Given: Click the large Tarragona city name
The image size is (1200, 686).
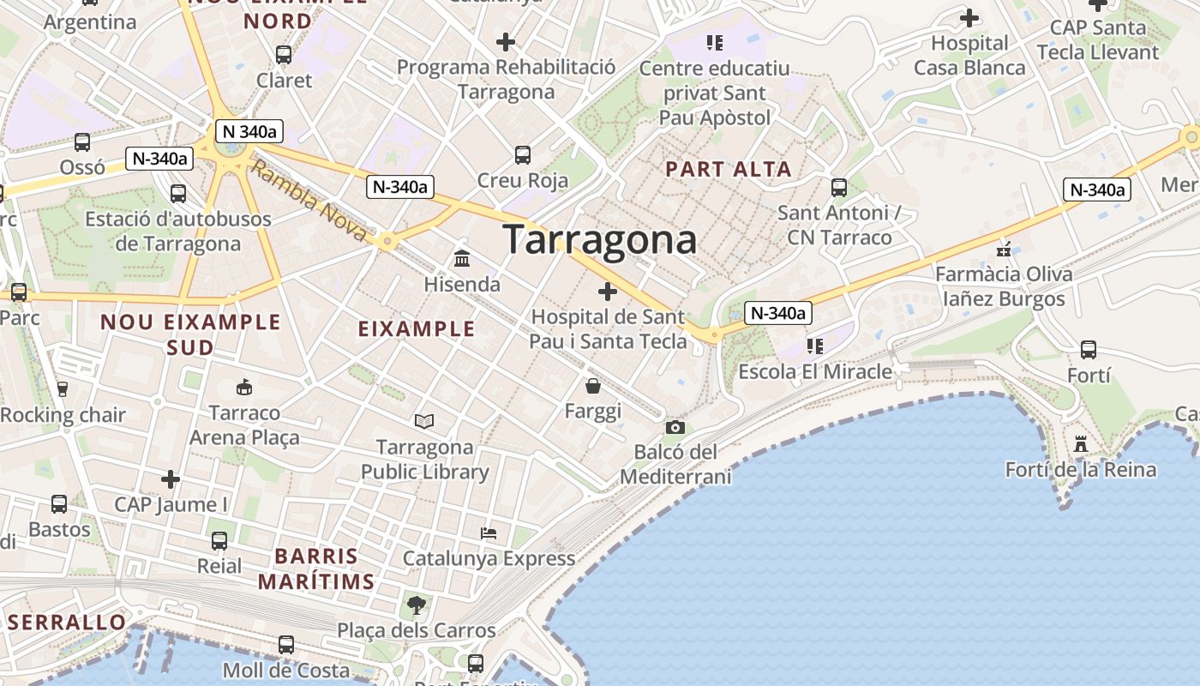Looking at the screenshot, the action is tap(599, 239).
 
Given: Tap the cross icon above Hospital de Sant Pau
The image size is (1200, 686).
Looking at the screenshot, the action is tap(608, 292).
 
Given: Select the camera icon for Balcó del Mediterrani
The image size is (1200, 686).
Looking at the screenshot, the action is tap(675, 427).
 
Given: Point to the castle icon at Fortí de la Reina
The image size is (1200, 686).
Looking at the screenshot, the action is tap(1080, 444).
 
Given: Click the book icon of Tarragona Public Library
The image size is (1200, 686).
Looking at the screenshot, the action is tap(424, 421).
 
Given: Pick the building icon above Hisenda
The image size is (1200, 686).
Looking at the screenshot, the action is tap(462, 258).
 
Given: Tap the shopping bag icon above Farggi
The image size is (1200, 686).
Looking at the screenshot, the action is tap(592, 386).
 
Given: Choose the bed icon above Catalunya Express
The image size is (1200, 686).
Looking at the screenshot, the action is tap(489, 533).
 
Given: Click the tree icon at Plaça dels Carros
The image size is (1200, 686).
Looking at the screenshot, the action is tap(417, 605).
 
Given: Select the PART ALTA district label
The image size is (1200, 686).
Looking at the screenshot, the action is tap(729, 169).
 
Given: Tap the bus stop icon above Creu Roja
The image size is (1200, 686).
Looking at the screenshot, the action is tap(523, 155).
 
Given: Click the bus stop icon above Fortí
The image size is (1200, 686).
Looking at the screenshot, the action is tap(1089, 350).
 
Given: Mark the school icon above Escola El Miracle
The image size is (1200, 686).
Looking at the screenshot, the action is tap(814, 346).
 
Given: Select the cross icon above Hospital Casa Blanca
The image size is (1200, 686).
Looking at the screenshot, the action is tap(969, 17).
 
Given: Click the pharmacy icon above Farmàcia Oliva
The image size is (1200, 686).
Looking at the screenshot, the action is tap(1004, 250).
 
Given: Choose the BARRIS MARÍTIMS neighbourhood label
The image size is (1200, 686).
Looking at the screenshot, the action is tap(316, 569).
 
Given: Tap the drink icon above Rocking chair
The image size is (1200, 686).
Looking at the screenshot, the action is tap(62, 389).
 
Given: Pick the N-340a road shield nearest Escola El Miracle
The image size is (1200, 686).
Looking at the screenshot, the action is tap(777, 313).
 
